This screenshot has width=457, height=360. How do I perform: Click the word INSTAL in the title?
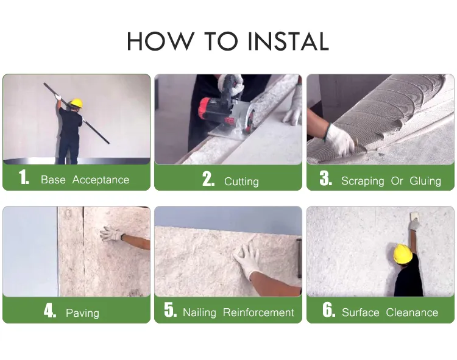pos(288,41)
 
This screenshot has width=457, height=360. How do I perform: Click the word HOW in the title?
pos(160,41)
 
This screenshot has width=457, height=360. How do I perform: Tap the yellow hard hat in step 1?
pos(77,102)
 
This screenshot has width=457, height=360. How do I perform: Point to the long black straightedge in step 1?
pos(77,113)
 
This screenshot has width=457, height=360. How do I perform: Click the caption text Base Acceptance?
pos(85,180)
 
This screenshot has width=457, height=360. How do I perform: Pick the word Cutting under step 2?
pos(241,182)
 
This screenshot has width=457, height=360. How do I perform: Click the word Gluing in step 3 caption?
pos(425,181)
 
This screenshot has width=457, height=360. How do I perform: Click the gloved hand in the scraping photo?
pos(340,140)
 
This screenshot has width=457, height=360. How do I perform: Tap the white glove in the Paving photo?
pos(112,233)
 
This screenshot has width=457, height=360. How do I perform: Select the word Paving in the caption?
pos(82,313)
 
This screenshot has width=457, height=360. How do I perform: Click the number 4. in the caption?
pos(50,310)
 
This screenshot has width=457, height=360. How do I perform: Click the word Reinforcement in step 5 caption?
pos(258,312)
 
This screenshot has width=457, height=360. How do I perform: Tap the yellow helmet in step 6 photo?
pos(403,254)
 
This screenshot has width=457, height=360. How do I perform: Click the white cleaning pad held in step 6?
pos(415,216)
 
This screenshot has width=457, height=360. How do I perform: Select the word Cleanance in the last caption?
pos(412,312)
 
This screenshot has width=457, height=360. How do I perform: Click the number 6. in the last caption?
pos(329,309)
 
